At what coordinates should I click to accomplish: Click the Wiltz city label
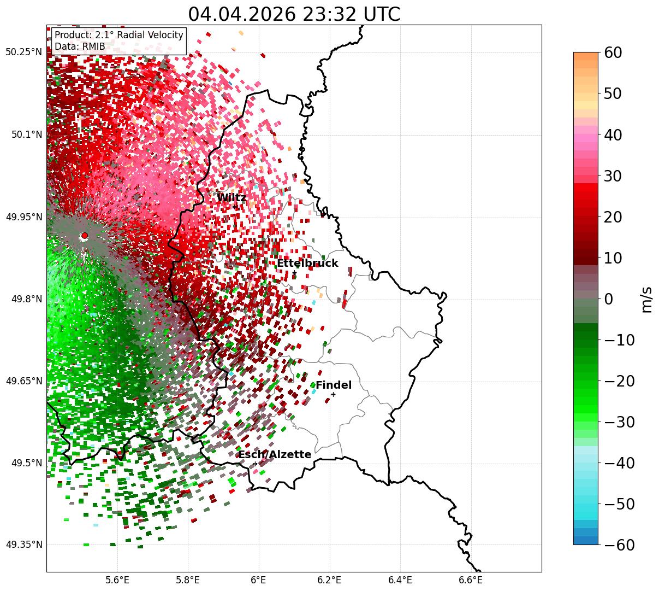point(231,197)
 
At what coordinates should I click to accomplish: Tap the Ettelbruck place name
point(307,263)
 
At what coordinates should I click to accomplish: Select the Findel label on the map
point(334,385)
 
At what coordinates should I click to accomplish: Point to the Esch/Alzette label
point(275,454)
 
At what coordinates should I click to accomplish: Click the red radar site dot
point(85,235)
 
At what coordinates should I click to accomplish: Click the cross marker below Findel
point(333,394)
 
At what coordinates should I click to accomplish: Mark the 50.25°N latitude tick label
point(23,52)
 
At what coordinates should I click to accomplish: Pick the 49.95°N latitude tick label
point(24,216)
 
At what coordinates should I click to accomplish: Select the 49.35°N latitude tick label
point(24,545)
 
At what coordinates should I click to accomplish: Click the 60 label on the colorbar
point(613,52)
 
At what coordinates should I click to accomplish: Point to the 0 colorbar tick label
point(608,299)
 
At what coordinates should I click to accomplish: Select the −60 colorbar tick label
point(619,545)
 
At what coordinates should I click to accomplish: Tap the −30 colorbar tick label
point(619,422)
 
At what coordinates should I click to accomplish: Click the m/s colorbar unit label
point(647,300)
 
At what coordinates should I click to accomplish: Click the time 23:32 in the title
point(329,14)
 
